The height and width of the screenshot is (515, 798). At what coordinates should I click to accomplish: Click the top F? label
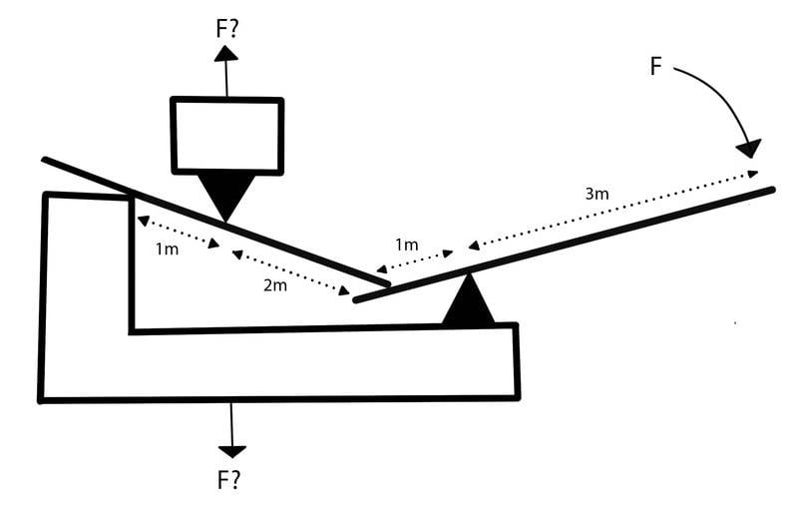227,26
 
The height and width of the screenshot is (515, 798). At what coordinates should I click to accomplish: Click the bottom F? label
229,479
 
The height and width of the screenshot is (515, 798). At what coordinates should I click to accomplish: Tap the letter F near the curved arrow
655,66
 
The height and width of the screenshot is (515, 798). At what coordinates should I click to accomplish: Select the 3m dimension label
597,194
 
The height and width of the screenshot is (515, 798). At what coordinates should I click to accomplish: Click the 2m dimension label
274,286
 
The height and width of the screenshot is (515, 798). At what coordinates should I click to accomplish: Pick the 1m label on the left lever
168,249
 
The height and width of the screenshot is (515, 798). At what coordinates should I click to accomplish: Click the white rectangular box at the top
227,135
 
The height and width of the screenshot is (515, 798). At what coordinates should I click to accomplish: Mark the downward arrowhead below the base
231,450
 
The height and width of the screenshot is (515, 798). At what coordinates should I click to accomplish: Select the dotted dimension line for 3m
613,210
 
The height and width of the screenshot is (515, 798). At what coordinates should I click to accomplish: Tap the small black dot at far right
735,322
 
